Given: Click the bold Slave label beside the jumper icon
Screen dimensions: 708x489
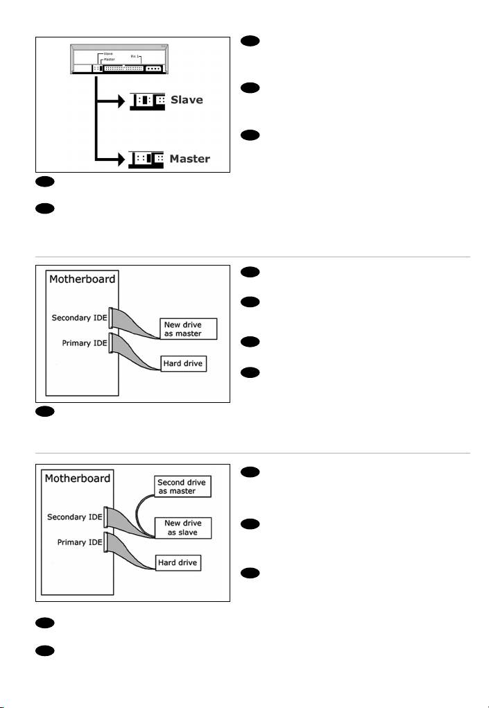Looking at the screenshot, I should [187, 100].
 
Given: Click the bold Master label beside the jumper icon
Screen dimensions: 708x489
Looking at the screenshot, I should [190, 159].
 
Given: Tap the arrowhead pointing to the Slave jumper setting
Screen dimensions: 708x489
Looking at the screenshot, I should [119, 100].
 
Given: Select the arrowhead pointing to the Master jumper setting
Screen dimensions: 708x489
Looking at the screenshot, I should [119, 159].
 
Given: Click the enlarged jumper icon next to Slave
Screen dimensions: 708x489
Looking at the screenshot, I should [146, 100].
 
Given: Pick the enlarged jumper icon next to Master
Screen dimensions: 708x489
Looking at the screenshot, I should [146, 159].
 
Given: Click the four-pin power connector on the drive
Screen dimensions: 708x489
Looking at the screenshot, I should [154, 69].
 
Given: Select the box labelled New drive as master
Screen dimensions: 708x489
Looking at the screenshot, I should [189, 329].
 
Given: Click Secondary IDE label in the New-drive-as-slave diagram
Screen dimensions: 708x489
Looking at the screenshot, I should [73, 517].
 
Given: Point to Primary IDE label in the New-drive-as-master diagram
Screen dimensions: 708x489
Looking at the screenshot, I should [78, 342].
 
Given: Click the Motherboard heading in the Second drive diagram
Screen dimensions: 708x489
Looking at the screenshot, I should [75, 478].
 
